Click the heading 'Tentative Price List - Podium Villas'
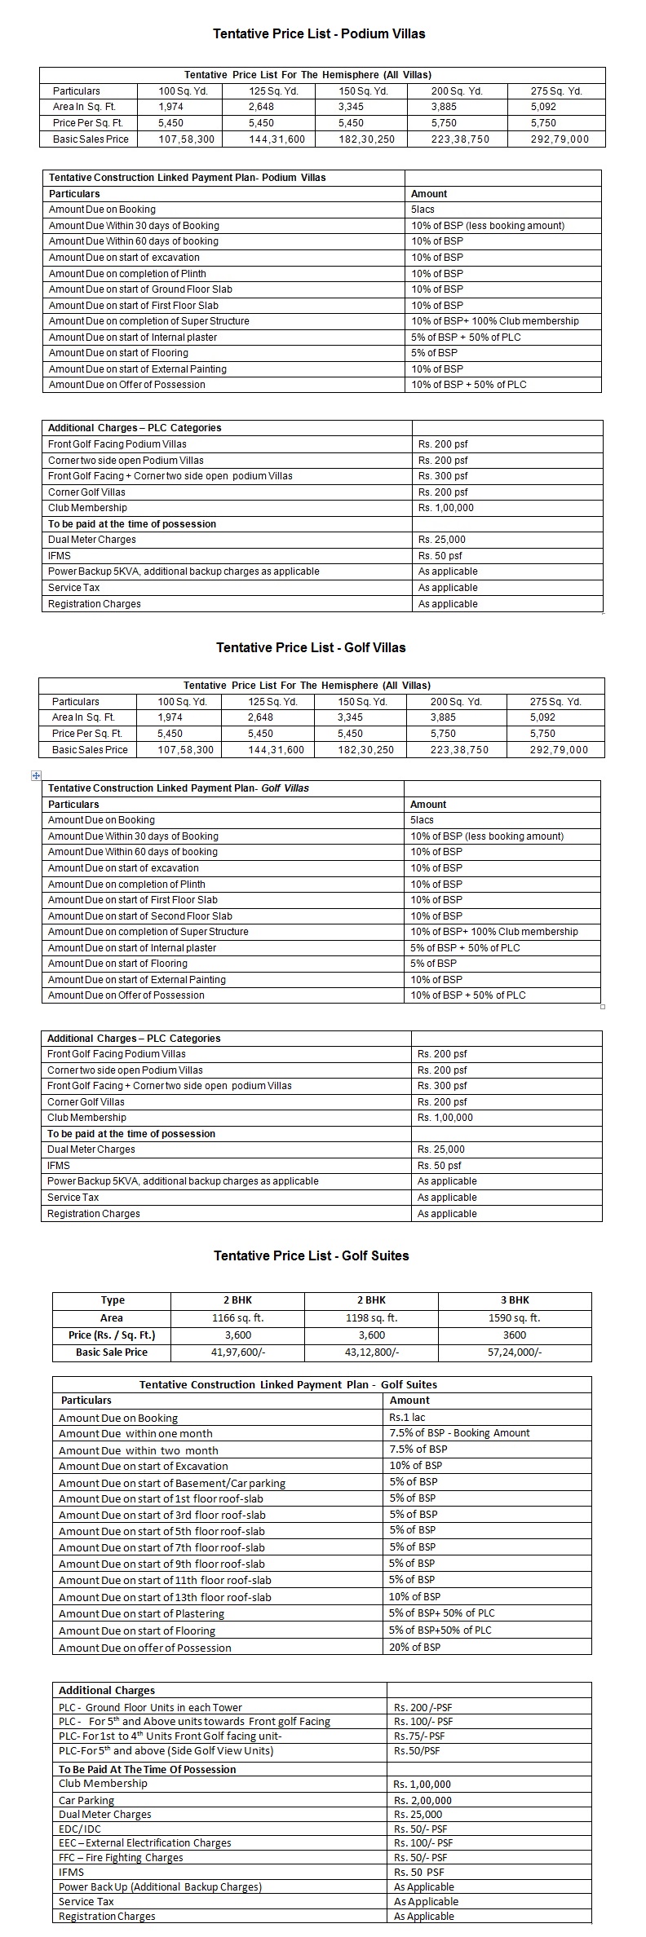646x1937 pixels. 319,34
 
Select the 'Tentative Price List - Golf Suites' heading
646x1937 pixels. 311,1255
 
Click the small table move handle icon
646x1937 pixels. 36,775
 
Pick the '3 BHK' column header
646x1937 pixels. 514,1300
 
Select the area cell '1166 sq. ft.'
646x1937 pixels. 237,1317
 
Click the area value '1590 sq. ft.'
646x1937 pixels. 514,1317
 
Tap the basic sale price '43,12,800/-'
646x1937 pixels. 371,1352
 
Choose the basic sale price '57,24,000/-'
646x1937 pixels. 514,1352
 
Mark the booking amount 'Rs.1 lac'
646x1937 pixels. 407,1418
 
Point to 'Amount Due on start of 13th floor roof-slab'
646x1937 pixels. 165,1597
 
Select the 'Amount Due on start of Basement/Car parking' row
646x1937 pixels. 172,1483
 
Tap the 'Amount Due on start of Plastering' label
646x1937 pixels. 141,1613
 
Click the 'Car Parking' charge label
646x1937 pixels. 86,1800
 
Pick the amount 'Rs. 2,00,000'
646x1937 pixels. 423,1800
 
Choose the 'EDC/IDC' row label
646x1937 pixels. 80,1829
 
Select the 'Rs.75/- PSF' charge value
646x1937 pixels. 419,1736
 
